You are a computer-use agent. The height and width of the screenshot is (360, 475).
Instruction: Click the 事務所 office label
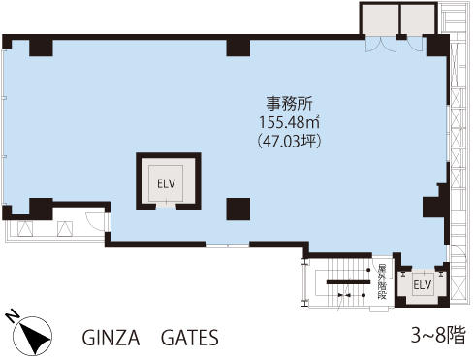289,104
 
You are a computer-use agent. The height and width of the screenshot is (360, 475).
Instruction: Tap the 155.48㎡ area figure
290,122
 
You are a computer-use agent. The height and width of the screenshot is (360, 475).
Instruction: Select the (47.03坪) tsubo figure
289,142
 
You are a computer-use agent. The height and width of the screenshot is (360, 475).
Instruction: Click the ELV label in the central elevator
166,184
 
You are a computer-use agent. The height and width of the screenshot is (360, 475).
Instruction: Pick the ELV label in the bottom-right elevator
423,285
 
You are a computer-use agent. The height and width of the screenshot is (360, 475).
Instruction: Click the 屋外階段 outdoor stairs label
382,281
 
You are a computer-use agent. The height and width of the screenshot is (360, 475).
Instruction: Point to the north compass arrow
34,337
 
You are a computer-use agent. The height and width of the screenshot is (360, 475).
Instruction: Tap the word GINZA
111,338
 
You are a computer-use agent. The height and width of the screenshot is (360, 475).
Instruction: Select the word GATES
190,338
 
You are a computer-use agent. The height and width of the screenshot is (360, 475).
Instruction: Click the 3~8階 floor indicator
438,335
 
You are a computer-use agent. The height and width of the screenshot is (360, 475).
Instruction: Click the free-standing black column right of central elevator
238,210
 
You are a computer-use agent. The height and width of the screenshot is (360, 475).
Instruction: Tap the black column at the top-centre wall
238,48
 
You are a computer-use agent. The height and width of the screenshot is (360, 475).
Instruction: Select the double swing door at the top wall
381,45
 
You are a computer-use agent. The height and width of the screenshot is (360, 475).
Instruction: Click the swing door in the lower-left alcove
96,221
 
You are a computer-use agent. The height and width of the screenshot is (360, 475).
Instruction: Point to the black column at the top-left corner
41,48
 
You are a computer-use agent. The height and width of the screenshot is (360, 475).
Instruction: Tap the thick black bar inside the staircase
348,282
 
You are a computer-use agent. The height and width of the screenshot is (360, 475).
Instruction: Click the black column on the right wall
435,204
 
